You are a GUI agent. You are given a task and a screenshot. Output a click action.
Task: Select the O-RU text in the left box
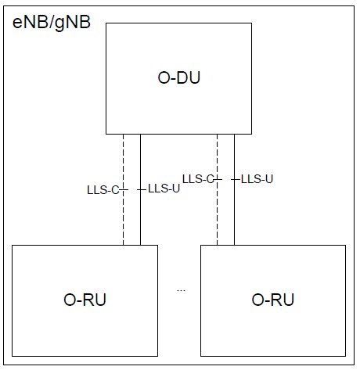tap(85, 300)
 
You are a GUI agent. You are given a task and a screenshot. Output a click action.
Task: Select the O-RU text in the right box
tap(272, 300)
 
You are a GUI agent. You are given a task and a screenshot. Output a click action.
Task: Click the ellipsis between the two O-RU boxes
tap(181, 289)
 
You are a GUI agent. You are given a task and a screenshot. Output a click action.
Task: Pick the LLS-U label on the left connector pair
tap(164, 189)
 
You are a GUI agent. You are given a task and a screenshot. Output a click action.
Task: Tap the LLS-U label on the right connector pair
tap(257, 179)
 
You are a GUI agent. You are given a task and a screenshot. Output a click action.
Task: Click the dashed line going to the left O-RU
tap(123, 219)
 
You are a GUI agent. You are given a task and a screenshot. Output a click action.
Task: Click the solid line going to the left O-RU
tap(141, 219)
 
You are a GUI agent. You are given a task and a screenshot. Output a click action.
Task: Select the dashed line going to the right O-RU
tap(217, 219)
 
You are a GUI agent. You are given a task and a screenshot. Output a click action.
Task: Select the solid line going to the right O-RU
tap(234, 219)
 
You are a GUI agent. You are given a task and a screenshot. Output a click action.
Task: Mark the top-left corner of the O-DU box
tap(106, 23)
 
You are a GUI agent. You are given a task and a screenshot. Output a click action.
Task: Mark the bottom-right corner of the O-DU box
tap(251, 134)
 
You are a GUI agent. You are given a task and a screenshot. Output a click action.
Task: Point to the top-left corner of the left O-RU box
tap(13, 246)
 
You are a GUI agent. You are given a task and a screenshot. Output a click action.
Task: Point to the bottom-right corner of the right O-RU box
tap(345, 356)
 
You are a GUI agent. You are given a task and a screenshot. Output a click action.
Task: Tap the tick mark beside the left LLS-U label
tap(142, 189)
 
